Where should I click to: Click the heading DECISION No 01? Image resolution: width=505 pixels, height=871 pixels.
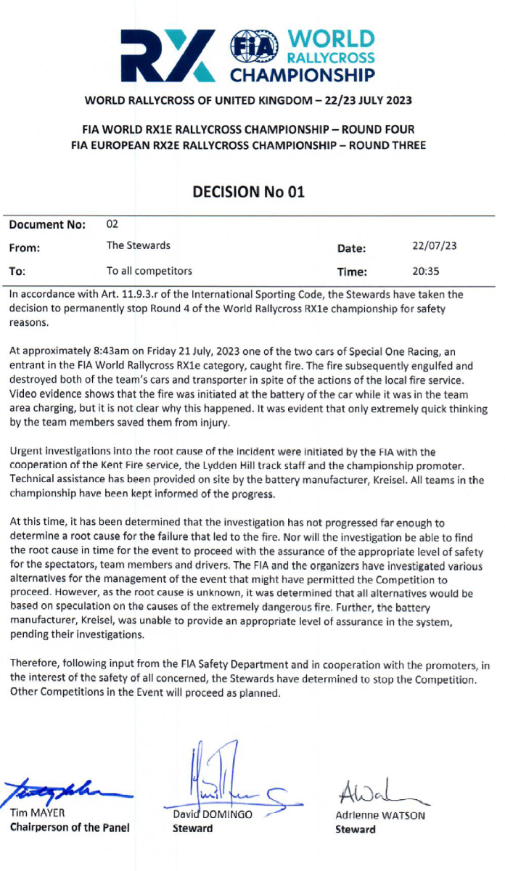pos(248,192)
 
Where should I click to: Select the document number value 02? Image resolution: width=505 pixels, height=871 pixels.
pos(112,224)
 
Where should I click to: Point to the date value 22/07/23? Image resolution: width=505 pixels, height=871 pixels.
pos(434,247)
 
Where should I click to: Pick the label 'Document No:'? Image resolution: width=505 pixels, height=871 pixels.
pos(47,225)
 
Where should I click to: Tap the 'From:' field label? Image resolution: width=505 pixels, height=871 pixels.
pos(25,248)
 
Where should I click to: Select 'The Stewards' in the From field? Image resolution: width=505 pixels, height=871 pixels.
pos(139,246)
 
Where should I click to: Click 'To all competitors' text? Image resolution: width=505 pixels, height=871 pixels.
pos(149,271)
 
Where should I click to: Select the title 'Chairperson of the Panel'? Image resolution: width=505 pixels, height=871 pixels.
pos(70,828)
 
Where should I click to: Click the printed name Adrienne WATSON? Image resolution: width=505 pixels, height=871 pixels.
pos(379,815)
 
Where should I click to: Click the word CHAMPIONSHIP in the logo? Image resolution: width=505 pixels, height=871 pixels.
pos(303,75)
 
